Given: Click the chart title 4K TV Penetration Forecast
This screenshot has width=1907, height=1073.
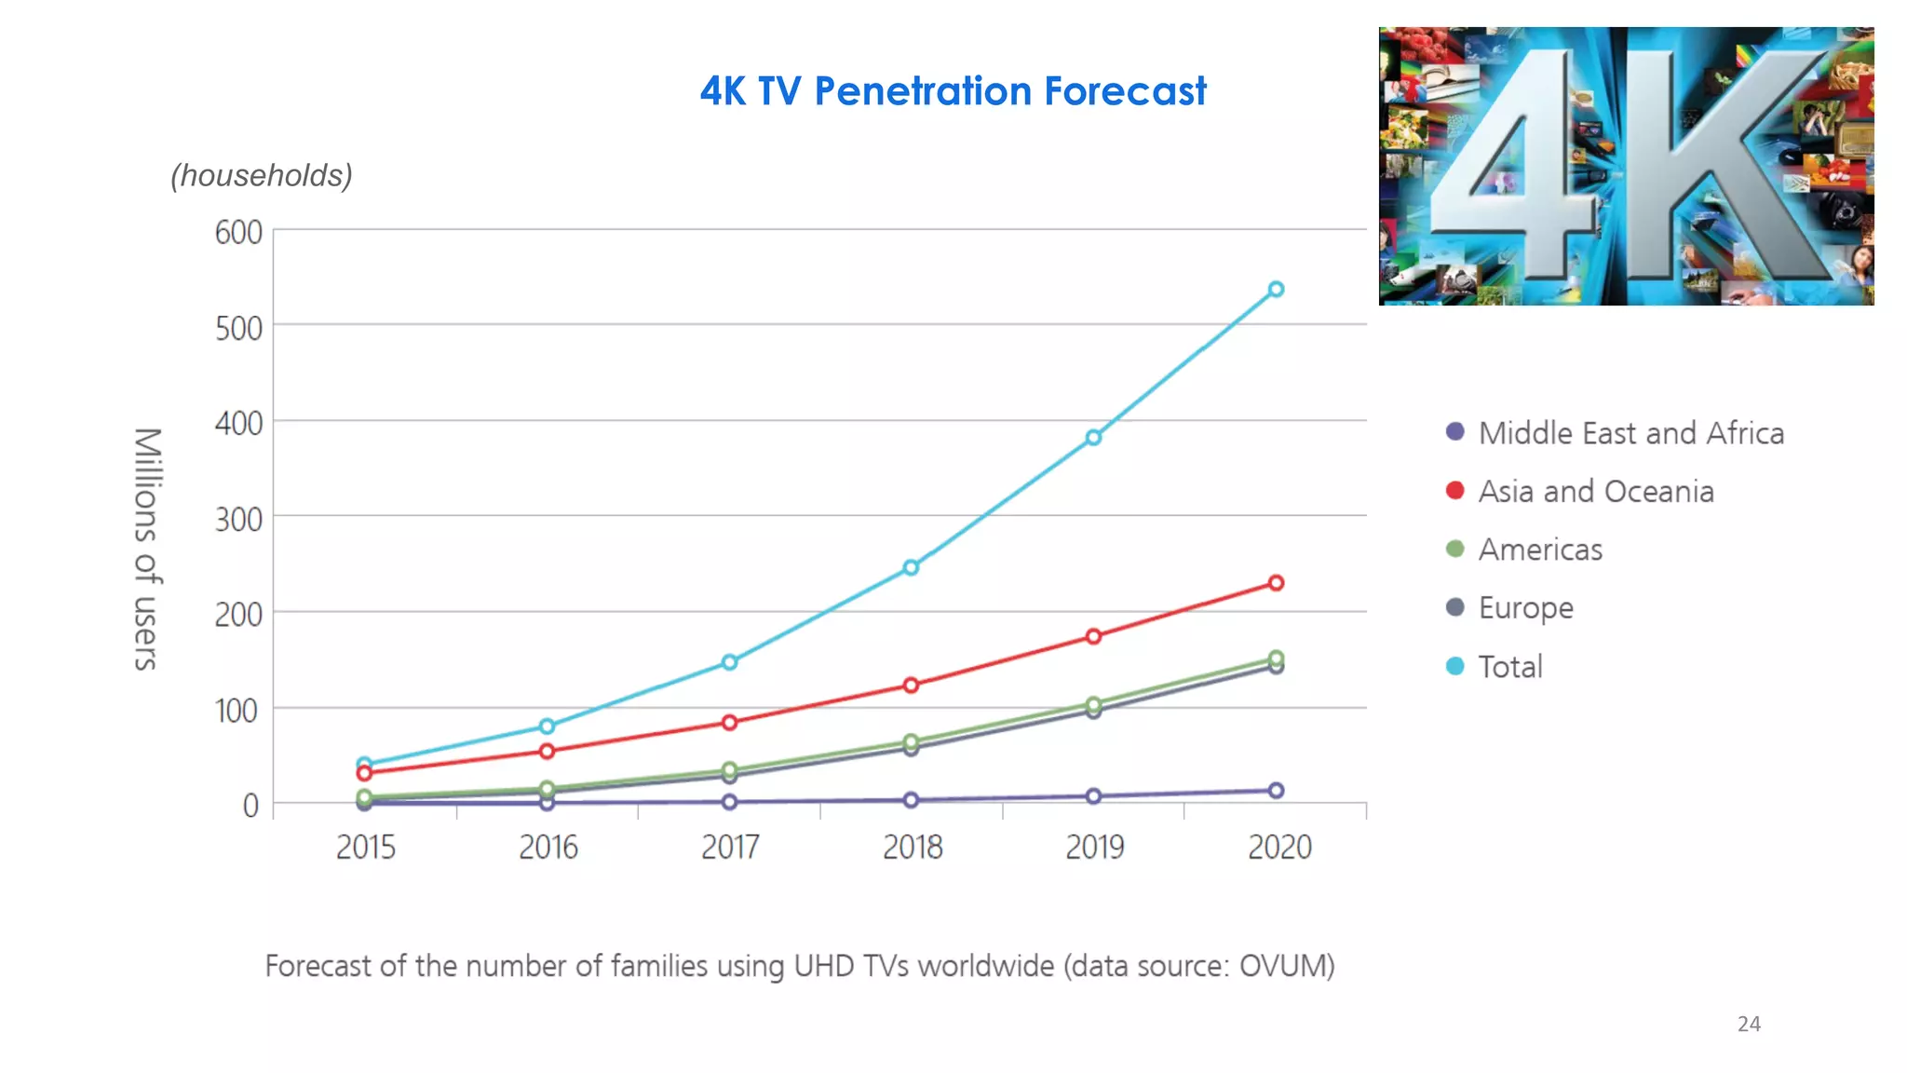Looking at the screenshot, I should pyautogui.click(x=953, y=91).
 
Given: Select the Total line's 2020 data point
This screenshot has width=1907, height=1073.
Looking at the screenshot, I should pyautogui.click(x=1276, y=290).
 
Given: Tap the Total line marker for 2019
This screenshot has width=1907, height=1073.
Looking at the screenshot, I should pyautogui.click(x=1093, y=438).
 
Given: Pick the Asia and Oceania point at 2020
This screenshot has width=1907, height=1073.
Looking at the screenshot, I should pyautogui.click(x=1276, y=583).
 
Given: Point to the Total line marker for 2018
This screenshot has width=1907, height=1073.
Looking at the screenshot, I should pyautogui.click(x=911, y=567).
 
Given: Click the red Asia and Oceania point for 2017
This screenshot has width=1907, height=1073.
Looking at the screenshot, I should pyautogui.click(x=729, y=723).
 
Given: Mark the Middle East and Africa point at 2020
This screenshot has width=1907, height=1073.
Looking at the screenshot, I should pyautogui.click(x=1276, y=791).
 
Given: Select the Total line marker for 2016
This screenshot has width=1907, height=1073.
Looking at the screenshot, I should pyautogui.click(x=547, y=727).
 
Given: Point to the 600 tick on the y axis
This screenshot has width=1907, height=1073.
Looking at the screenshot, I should pyautogui.click(x=238, y=233).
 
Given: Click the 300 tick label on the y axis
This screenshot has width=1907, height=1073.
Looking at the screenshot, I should pyautogui.click(x=238, y=520).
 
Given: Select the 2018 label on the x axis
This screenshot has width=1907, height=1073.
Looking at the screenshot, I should pyautogui.click(x=912, y=848).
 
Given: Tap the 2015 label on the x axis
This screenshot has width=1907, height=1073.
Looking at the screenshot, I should pyautogui.click(x=365, y=848).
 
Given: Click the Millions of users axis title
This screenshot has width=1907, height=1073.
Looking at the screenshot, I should pyautogui.click(x=147, y=550).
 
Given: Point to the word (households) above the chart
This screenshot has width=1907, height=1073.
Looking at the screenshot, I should pyautogui.click(x=262, y=175).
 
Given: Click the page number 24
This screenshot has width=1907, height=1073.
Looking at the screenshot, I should pyautogui.click(x=1748, y=1025).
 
